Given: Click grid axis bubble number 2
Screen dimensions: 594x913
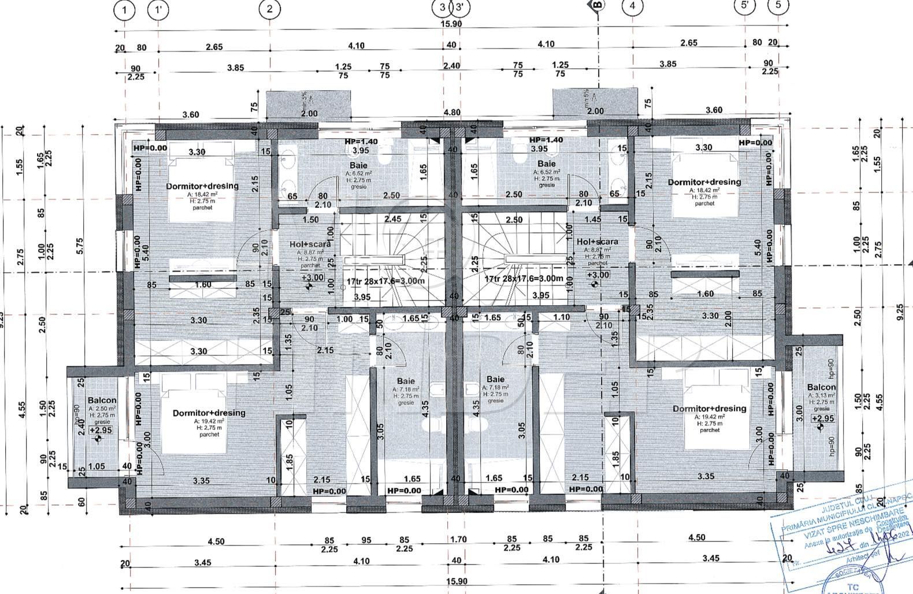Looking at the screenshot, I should click(269, 9).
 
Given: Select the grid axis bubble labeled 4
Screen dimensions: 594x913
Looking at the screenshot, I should click(632, 7).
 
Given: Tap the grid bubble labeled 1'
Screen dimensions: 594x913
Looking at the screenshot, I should click(158, 9).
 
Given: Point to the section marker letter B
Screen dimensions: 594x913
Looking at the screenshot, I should click(597, 6).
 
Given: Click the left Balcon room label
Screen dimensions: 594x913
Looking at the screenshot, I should click(102, 400).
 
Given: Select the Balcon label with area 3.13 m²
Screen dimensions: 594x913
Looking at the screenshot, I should click(821, 387).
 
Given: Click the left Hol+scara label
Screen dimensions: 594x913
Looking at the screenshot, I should click(310, 244).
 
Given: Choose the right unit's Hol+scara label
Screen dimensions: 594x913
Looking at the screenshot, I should click(597, 242).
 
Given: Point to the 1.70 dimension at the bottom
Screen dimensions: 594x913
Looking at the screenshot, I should click(458, 540).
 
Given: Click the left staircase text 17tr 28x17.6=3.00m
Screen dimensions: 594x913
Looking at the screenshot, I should click(385, 281).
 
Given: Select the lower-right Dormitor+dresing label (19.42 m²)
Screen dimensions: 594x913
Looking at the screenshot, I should click(709, 409).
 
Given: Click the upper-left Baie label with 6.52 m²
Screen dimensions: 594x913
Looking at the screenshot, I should click(358, 166).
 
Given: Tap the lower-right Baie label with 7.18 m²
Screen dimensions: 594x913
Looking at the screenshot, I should click(495, 381).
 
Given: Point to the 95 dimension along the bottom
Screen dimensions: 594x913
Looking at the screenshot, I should click(366, 540).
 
